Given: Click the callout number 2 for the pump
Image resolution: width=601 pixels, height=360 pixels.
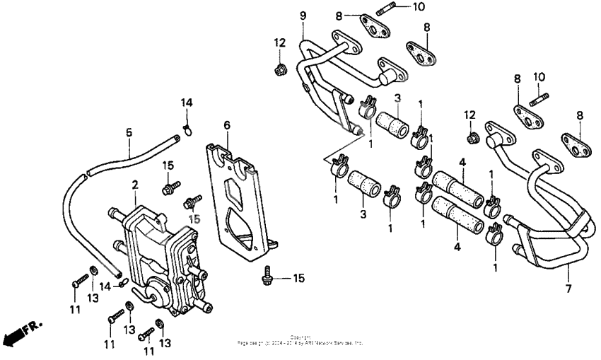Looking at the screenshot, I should click(x=134, y=185).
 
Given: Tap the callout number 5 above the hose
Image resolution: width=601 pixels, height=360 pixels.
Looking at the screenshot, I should click(x=129, y=132).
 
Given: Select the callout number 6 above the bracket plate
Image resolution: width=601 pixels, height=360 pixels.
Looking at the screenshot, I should click(x=227, y=125).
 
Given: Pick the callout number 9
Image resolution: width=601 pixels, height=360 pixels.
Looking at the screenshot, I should click(x=303, y=15).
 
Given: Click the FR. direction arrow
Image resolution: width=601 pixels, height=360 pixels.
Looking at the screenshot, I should click(x=21, y=332).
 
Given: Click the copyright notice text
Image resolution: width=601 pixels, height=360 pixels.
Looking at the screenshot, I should click(x=300, y=340).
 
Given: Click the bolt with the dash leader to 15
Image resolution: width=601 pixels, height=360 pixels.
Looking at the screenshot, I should click(x=267, y=277).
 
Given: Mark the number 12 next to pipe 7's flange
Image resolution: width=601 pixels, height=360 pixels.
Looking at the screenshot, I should click(x=470, y=115).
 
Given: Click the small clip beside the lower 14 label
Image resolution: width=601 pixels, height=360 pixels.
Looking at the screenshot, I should click(x=122, y=282).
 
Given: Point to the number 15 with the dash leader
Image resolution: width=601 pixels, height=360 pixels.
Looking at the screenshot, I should click(x=298, y=278).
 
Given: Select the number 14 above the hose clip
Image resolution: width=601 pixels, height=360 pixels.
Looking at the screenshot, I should click(x=186, y=103).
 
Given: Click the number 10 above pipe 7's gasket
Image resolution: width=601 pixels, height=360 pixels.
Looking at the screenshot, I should click(x=539, y=76).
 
